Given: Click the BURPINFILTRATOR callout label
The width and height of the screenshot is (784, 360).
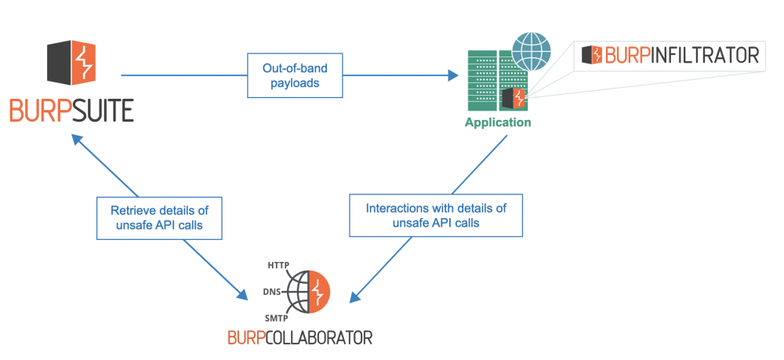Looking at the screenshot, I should coord(671,55).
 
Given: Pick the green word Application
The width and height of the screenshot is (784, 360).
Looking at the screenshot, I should coord(498,122).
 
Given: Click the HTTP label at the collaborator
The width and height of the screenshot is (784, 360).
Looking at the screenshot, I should coord(280,264).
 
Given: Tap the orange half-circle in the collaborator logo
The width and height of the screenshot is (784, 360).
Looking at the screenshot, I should coord(318,292).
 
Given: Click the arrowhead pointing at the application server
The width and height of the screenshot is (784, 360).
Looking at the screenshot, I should coord(452,75).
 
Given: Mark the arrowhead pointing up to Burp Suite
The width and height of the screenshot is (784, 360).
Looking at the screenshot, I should coord(76,138).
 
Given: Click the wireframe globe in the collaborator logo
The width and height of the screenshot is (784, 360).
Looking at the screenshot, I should coord(298,293).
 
